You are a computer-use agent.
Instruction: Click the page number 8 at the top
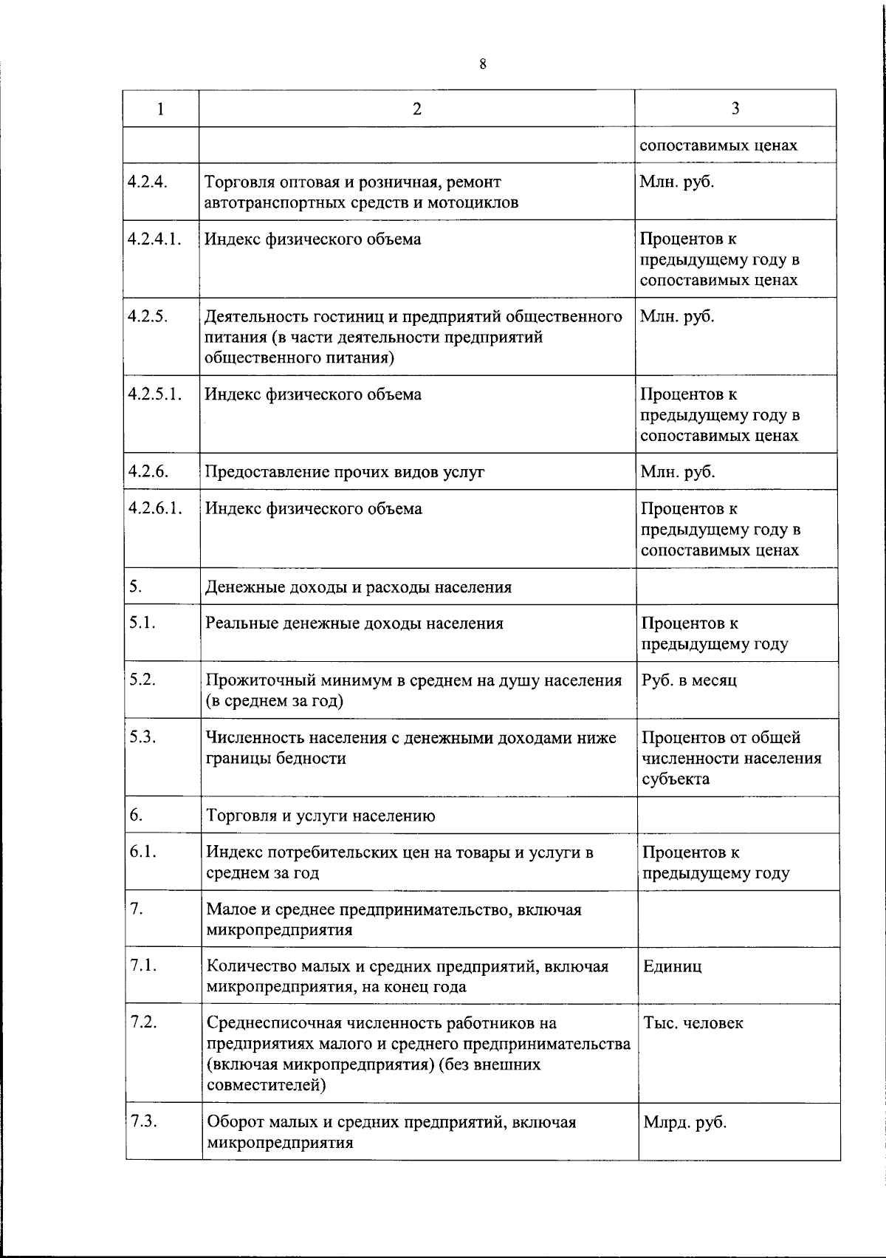pos(482,64)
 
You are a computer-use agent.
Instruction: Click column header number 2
pos(417,109)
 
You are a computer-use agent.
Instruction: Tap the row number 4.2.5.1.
pos(154,394)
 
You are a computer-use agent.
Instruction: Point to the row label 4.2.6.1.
pos(154,508)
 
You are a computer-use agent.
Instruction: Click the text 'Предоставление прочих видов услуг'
pos(344,472)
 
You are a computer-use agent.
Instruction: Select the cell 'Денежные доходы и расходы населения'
pos(358,587)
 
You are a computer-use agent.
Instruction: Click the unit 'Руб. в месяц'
pos(689,680)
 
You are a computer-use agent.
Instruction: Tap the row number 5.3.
pos(142,737)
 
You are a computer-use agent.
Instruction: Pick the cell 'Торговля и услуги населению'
pos(320,816)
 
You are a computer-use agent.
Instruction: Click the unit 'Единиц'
pos(673,966)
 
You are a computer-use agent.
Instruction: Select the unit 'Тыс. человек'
pos(693,1023)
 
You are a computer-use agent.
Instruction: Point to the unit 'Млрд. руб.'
pos(684,1122)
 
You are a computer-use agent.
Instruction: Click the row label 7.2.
pos(143,1022)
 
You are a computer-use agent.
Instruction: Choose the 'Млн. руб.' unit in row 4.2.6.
pos(677,472)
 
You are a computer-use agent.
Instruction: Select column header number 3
pos(735,109)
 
